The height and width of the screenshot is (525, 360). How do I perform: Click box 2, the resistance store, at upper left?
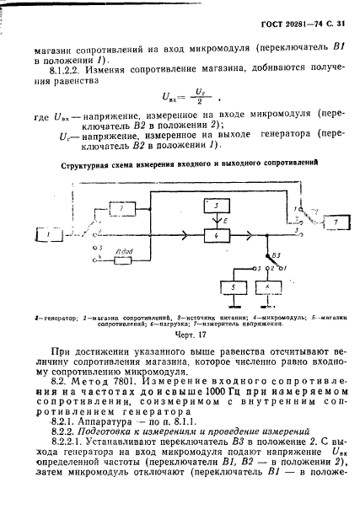coord(121,206)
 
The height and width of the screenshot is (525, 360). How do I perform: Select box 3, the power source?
coord(216,206)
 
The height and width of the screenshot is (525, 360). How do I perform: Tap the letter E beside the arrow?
coord(225,220)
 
